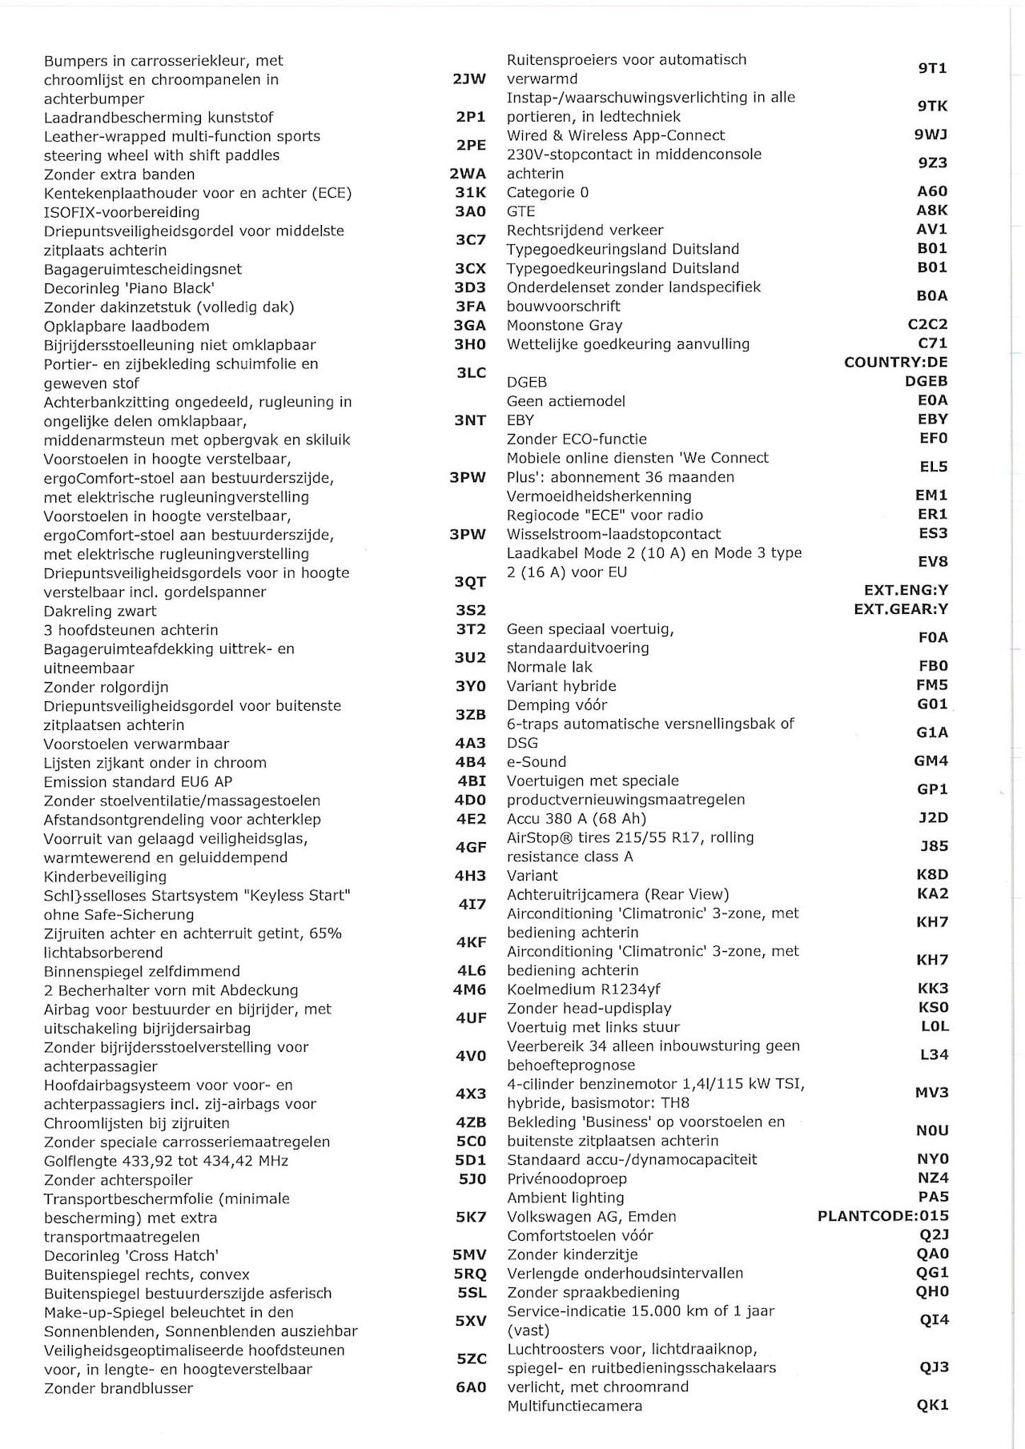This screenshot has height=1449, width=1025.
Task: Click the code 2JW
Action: point(469,79)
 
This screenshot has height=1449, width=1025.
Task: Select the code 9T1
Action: point(932,69)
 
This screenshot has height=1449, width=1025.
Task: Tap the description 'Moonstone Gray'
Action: point(564,325)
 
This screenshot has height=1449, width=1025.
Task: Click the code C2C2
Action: point(927,324)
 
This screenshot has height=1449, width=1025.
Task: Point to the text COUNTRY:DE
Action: point(895,362)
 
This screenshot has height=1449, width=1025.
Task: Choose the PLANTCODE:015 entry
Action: point(882,1216)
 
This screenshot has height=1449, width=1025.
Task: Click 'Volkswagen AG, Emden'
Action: point(591,1217)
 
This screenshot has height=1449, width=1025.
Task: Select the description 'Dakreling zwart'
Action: point(100,611)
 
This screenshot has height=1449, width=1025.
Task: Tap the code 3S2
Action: point(471,611)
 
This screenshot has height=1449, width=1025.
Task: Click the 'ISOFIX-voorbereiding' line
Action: point(122,212)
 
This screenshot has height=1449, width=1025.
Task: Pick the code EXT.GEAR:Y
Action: point(900,609)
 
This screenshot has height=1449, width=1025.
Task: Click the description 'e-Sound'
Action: point(536,761)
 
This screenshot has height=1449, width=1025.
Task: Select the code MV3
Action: point(932,1093)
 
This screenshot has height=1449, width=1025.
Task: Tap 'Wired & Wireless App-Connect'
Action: point(615,135)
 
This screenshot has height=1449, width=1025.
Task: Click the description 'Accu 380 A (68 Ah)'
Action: point(576,818)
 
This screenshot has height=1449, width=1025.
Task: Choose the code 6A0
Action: point(471,1388)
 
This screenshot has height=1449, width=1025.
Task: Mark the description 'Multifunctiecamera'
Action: point(574,1406)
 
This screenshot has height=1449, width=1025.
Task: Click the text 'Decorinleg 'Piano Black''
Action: point(129,288)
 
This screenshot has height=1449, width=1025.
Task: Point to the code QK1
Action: point(932,1405)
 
